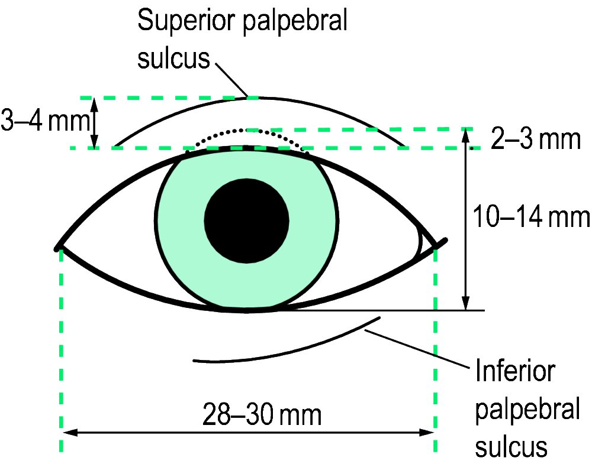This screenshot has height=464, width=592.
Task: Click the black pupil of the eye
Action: point(246,221)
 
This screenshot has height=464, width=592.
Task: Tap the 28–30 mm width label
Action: point(262,414)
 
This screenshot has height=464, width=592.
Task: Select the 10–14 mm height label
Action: point(531,216)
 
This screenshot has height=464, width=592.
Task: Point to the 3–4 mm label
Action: point(46,120)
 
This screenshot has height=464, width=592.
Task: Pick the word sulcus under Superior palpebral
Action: point(173,58)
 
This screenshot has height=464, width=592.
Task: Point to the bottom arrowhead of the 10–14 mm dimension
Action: point(466,303)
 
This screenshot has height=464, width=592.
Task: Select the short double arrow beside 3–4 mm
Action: point(95,122)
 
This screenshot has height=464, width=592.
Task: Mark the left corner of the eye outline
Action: point(57,248)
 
